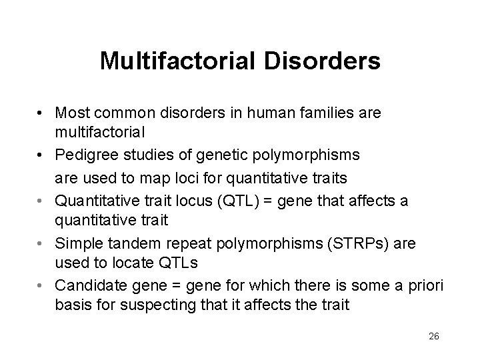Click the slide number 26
434,336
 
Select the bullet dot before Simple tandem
42,245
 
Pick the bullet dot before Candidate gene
42,286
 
